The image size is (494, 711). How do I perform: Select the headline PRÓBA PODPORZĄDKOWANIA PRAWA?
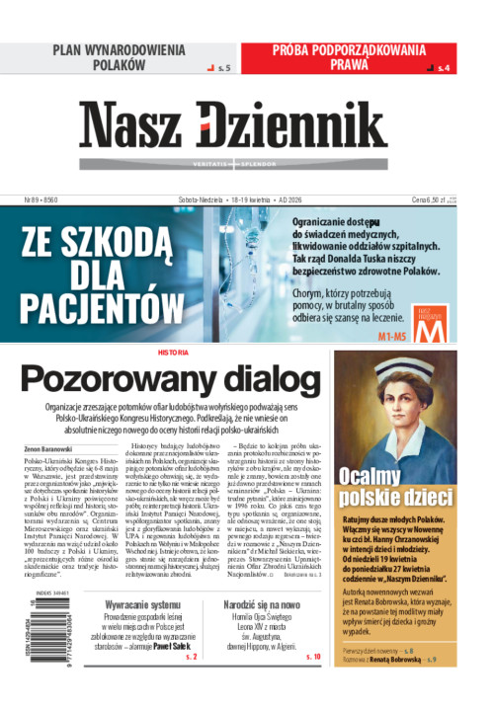point(350,57)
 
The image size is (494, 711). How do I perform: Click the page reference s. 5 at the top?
point(222,68)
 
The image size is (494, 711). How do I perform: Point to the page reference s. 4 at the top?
point(443,68)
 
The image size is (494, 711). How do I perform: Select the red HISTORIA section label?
point(172,353)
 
